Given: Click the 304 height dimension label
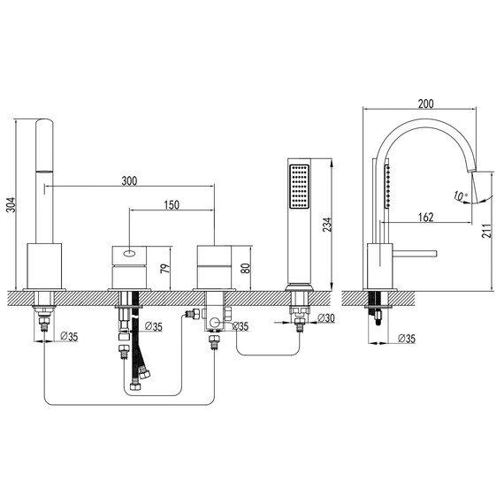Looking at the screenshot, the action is (11, 205).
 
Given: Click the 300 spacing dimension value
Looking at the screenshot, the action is (129, 181).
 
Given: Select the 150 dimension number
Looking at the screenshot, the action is (172, 205).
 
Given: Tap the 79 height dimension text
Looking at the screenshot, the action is (164, 269).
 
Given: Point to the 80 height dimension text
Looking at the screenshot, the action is (245, 269).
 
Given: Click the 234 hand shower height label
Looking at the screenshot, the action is (327, 225).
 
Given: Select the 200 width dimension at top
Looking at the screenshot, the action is (426, 103).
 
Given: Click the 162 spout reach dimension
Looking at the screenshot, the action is (426, 218).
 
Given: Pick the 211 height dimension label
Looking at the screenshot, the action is (486, 231).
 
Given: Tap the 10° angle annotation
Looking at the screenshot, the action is (461, 195).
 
